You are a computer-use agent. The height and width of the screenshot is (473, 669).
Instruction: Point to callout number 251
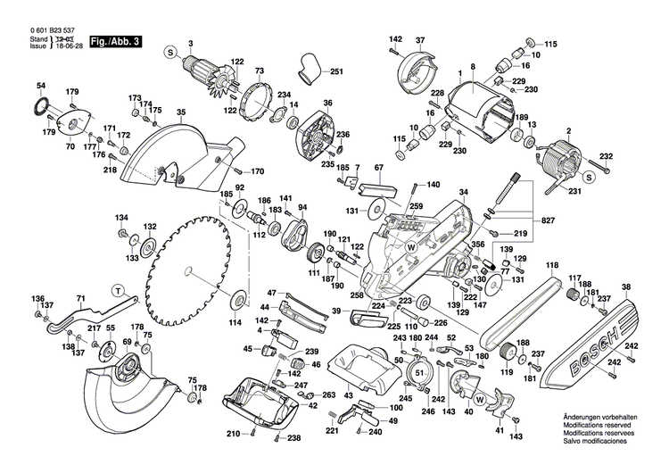tap(336, 71)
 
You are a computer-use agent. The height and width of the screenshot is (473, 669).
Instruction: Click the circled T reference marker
tap(118, 288)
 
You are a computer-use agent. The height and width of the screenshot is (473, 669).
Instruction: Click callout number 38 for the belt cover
tap(626, 287)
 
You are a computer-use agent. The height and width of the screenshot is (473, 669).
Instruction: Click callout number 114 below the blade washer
tap(235, 321)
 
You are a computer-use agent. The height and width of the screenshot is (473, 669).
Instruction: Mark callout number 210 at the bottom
tap(233, 434)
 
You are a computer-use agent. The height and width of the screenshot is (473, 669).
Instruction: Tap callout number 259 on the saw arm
tap(415, 206)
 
